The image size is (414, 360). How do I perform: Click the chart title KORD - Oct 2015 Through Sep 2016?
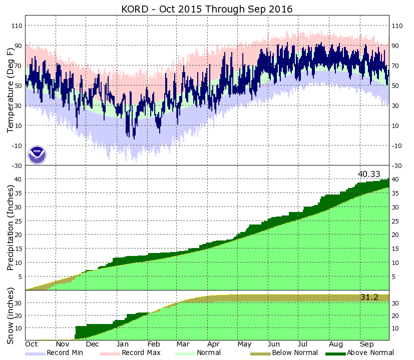click(207, 9)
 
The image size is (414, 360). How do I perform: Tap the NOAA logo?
click(37, 154)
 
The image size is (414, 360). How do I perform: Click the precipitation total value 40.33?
click(368, 174)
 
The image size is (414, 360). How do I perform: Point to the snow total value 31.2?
click(369, 297)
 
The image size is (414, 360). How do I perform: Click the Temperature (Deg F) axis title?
click(10, 90)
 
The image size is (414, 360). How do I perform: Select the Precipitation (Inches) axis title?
click(10, 227)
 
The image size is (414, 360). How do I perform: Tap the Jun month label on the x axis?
click(274, 344)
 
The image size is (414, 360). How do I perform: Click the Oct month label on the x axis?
click(32, 344)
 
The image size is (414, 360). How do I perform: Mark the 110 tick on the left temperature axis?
click(16, 25)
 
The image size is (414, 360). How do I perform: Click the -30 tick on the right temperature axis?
click(397, 165)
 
